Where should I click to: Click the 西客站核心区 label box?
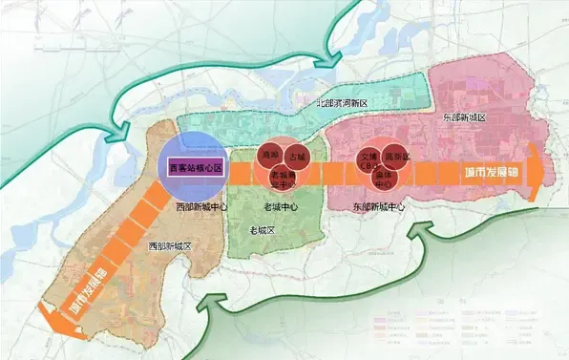click(x=195, y=167)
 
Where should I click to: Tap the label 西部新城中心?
click(x=201, y=205)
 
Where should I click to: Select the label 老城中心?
click(x=282, y=206)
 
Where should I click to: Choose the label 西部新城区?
click(x=170, y=245)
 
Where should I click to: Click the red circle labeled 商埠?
click(x=269, y=156)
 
